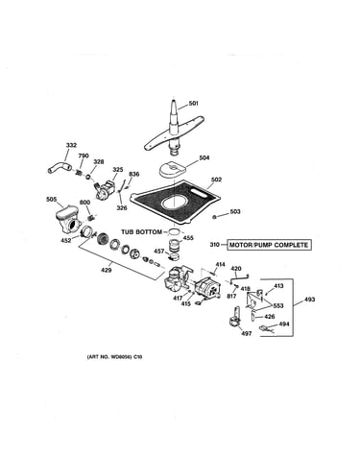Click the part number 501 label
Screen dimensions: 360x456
(194, 104)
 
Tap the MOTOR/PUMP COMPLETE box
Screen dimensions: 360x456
(269, 245)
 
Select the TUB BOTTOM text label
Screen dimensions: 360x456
(141, 231)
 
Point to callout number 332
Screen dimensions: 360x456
(71, 145)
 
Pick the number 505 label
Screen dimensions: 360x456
(52, 200)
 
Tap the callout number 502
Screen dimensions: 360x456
(216, 180)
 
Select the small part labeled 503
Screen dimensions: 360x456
(215, 217)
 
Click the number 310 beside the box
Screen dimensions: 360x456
(215, 245)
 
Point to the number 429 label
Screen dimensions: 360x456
(107, 271)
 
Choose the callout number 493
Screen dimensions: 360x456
(309, 300)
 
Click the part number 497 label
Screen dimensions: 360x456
(247, 334)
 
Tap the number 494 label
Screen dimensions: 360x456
(284, 324)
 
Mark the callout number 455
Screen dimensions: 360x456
(188, 238)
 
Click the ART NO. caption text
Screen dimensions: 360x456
(114, 357)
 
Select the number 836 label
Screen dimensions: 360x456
(134, 174)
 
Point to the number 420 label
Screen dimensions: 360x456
(236, 269)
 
